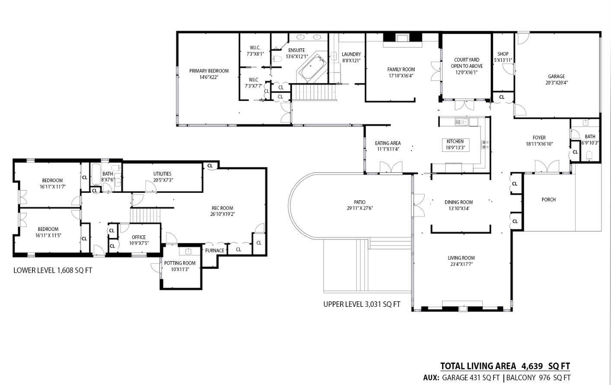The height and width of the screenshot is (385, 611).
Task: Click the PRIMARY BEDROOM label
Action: click(209, 71)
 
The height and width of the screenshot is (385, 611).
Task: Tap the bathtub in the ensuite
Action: click(313, 68)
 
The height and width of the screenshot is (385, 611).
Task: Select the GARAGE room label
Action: click(557, 76)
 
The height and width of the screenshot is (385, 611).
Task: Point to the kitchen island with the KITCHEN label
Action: click(455, 145)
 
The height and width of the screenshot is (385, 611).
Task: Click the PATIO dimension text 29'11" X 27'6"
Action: click(360, 208)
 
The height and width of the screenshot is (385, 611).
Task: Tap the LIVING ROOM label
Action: click(461, 258)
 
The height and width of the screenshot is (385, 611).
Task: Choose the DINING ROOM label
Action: click(459, 202)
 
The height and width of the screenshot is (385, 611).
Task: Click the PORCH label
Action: click(548, 199)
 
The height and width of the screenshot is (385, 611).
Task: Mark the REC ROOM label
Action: click(222, 208)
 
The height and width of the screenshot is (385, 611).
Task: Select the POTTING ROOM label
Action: click(180, 263)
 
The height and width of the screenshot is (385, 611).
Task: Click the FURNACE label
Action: click(215, 250)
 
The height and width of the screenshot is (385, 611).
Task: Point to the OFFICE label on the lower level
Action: click(139, 237)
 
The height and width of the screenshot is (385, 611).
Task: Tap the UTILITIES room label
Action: click(162, 174)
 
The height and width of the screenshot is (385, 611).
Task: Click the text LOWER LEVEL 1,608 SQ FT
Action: click(53, 270)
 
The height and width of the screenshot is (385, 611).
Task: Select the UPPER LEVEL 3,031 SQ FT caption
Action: click(362, 304)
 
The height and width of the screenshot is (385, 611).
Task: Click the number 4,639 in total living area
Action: click(532, 366)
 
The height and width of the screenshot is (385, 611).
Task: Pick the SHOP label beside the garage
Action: click(503, 54)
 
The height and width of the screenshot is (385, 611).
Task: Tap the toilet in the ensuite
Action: click(277, 59)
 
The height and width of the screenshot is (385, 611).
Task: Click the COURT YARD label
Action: click(467, 60)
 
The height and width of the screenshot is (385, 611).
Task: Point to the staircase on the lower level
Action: click(144, 215)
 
